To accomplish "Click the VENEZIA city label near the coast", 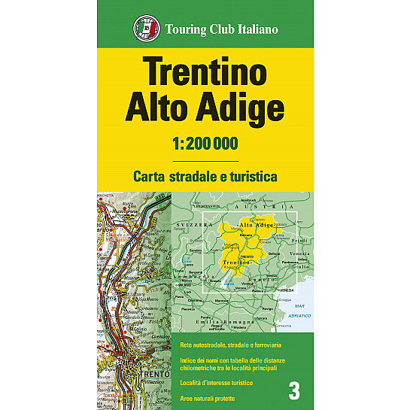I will point(284,288).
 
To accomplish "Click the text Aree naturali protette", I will point(211,397).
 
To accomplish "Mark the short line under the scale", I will point(205,160).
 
